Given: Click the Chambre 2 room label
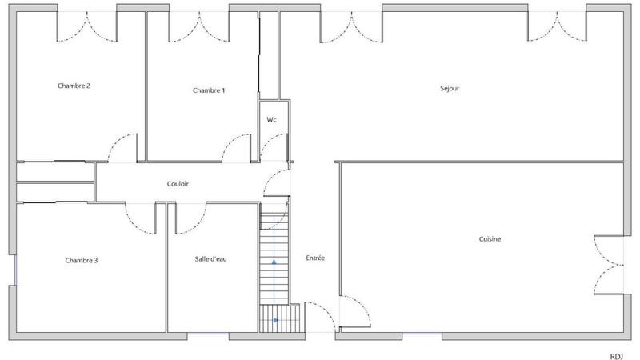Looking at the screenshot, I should pyautogui.click(x=73, y=86).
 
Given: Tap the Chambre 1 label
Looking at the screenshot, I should pyautogui.click(x=209, y=90).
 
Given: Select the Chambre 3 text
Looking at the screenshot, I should pyautogui.click(x=82, y=260).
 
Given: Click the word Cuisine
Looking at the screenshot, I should pyautogui.click(x=490, y=238).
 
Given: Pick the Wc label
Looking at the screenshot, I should pyautogui.click(x=271, y=119).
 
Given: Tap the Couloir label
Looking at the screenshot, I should pyautogui.click(x=178, y=184).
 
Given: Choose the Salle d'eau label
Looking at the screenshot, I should pyautogui.click(x=211, y=258).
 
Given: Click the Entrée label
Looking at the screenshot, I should pyautogui.click(x=315, y=258).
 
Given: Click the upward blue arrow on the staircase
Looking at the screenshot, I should pyautogui.click(x=274, y=261).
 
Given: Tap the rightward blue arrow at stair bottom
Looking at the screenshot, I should pyautogui.click(x=276, y=320).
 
